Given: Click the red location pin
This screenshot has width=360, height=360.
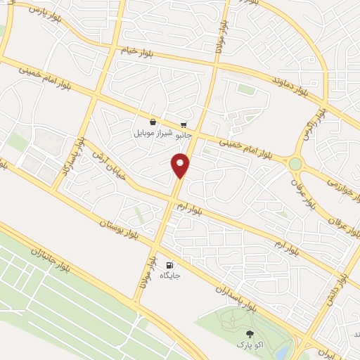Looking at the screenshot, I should [x=181, y=165].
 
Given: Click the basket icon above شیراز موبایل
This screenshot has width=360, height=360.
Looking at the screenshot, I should [x=153, y=122].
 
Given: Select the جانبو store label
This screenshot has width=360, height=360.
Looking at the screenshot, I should [x=182, y=132].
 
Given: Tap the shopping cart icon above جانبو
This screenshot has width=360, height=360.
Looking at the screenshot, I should [x=184, y=122].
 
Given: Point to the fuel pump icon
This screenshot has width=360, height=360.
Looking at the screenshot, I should [x=169, y=265].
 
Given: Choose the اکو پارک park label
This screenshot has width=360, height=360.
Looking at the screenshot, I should [x=248, y=347].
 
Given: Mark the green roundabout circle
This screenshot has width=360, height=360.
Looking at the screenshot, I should [x=295, y=164].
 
